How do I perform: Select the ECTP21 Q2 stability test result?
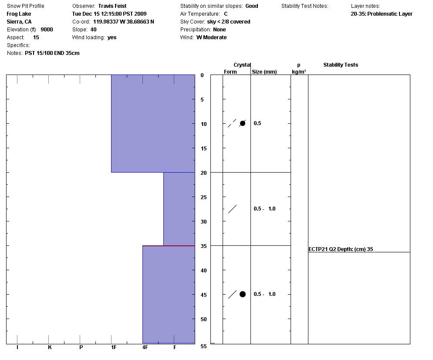click(x=341, y=249)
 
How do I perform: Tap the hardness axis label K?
click(x=50, y=347)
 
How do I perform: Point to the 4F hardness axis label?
click(x=145, y=347)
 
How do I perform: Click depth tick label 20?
click(x=202, y=173)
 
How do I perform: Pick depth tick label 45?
click(x=202, y=295)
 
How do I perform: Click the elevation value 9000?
click(x=47, y=30)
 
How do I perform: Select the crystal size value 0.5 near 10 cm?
click(x=257, y=123)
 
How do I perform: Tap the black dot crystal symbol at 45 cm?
click(x=243, y=294)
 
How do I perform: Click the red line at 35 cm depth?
click(x=169, y=246)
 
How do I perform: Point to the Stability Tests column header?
click(x=341, y=65)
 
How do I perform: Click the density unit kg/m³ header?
click(x=299, y=72)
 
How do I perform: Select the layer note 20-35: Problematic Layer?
click(x=382, y=14)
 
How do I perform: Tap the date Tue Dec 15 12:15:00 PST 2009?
click(x=109, y=14)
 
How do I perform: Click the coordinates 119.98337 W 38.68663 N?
click(x=124, y=22)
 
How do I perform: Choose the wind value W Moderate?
click(x=211, y=37)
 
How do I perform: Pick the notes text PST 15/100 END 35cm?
click(x=52, y=53)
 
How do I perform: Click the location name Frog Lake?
click(x=19, y=14)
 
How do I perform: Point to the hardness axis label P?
click(x=81, y=347)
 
